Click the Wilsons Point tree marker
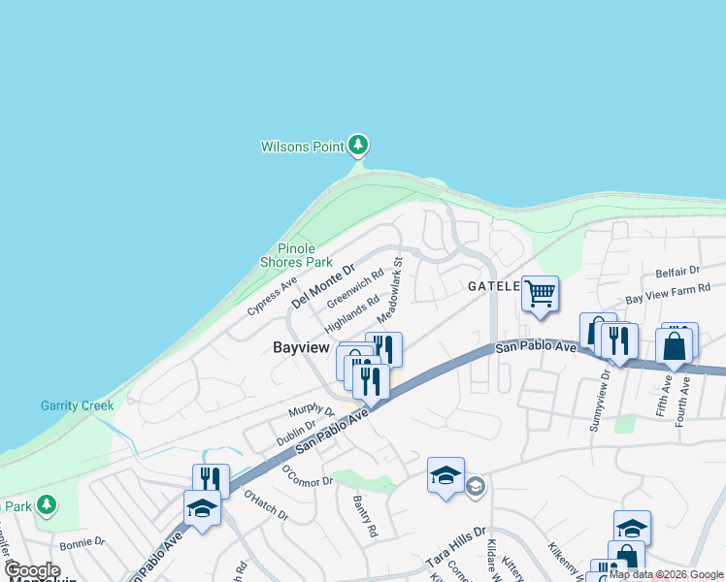tap(359, 145)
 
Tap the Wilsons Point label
tap(302, 147)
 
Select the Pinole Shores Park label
tap(296, 255)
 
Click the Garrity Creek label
tap(77, 405)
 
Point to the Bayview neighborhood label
tap(302, 347)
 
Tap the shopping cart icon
tap(540, 292)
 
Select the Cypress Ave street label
tap(272, 297)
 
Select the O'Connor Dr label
tap(308, 475)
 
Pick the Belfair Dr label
tap(676, 272)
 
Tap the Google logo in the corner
tap(33, 570)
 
